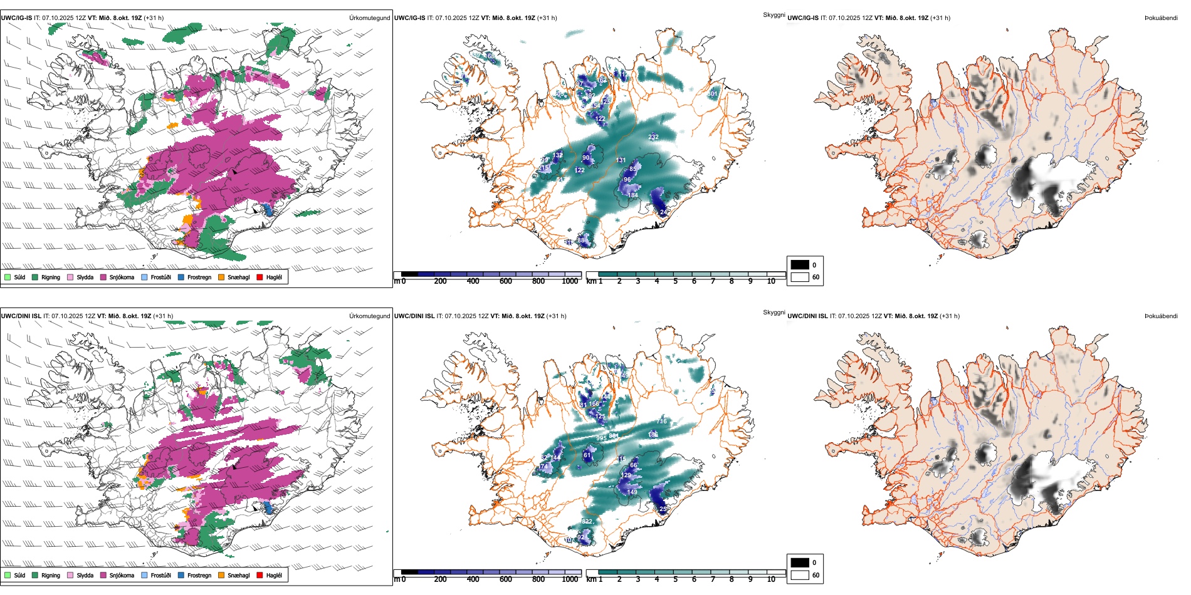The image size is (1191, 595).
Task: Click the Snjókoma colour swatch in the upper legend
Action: tap(103, 277)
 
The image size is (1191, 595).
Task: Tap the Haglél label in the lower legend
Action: tap(274, 576)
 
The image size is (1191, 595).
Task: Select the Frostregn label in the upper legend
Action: tap(199, 277)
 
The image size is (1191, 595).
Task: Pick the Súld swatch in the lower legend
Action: tap(8, 575)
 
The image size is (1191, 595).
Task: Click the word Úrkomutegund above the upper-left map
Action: tap(369, 18)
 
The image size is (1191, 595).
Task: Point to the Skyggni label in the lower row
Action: tap(774, 313)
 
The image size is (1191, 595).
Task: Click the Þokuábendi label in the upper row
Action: tap(1161, 18)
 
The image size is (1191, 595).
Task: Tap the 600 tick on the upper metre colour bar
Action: tap(506, 281)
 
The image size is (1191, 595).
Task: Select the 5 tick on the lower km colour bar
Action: tap(676, 579)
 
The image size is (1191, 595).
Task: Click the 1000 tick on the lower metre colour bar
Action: tap(570, 579)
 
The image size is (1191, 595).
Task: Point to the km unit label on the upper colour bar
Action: tap(591, 281)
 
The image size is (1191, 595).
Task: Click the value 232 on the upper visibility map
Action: tap(653, 137)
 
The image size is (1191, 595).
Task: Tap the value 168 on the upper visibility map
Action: tap(490, 56)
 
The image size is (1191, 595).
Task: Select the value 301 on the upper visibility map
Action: tap(712, 94)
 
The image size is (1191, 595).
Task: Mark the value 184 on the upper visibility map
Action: tap(632, 195)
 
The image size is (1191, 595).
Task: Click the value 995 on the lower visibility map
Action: tap(601, 438)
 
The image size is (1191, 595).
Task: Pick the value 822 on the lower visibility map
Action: tap(587, 522)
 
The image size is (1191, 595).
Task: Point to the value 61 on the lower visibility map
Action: tap(587, 455)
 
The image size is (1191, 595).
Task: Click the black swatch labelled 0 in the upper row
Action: tap(800, 265)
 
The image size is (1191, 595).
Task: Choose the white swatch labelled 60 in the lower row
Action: tap(800, 575)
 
